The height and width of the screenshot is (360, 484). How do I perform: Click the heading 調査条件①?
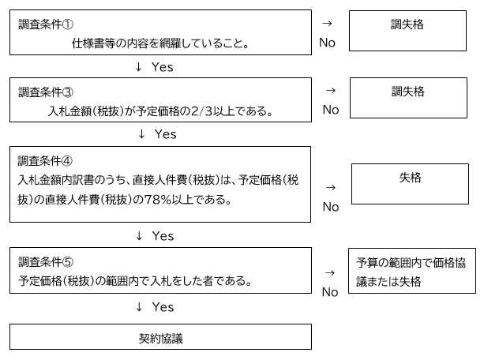point(47,25)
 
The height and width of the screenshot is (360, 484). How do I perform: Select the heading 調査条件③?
point(47,92)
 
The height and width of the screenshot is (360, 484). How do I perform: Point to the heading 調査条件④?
point(47,160)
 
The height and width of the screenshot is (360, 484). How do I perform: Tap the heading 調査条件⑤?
point(47,262)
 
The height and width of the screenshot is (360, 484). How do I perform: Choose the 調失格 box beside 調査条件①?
point(407,32)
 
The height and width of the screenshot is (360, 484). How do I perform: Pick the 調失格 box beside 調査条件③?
point(407,99)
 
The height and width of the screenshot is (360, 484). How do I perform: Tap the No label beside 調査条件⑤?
point(330,291)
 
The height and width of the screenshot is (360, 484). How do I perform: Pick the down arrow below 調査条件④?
point(139,236)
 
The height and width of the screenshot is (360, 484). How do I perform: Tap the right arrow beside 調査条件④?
point(331,188)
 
